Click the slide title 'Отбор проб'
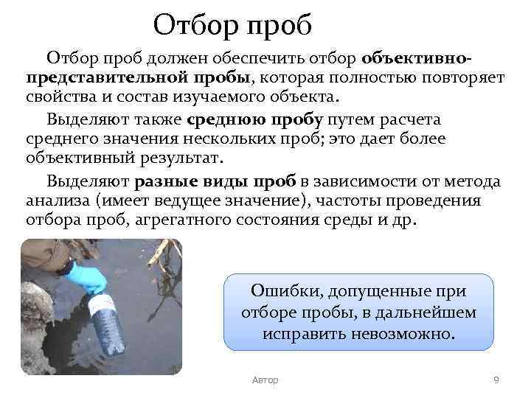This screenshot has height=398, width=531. [233, 26]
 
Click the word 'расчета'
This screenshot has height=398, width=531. [409, 119]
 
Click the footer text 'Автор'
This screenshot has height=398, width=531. [265, 380]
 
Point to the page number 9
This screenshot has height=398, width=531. [496, 380]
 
